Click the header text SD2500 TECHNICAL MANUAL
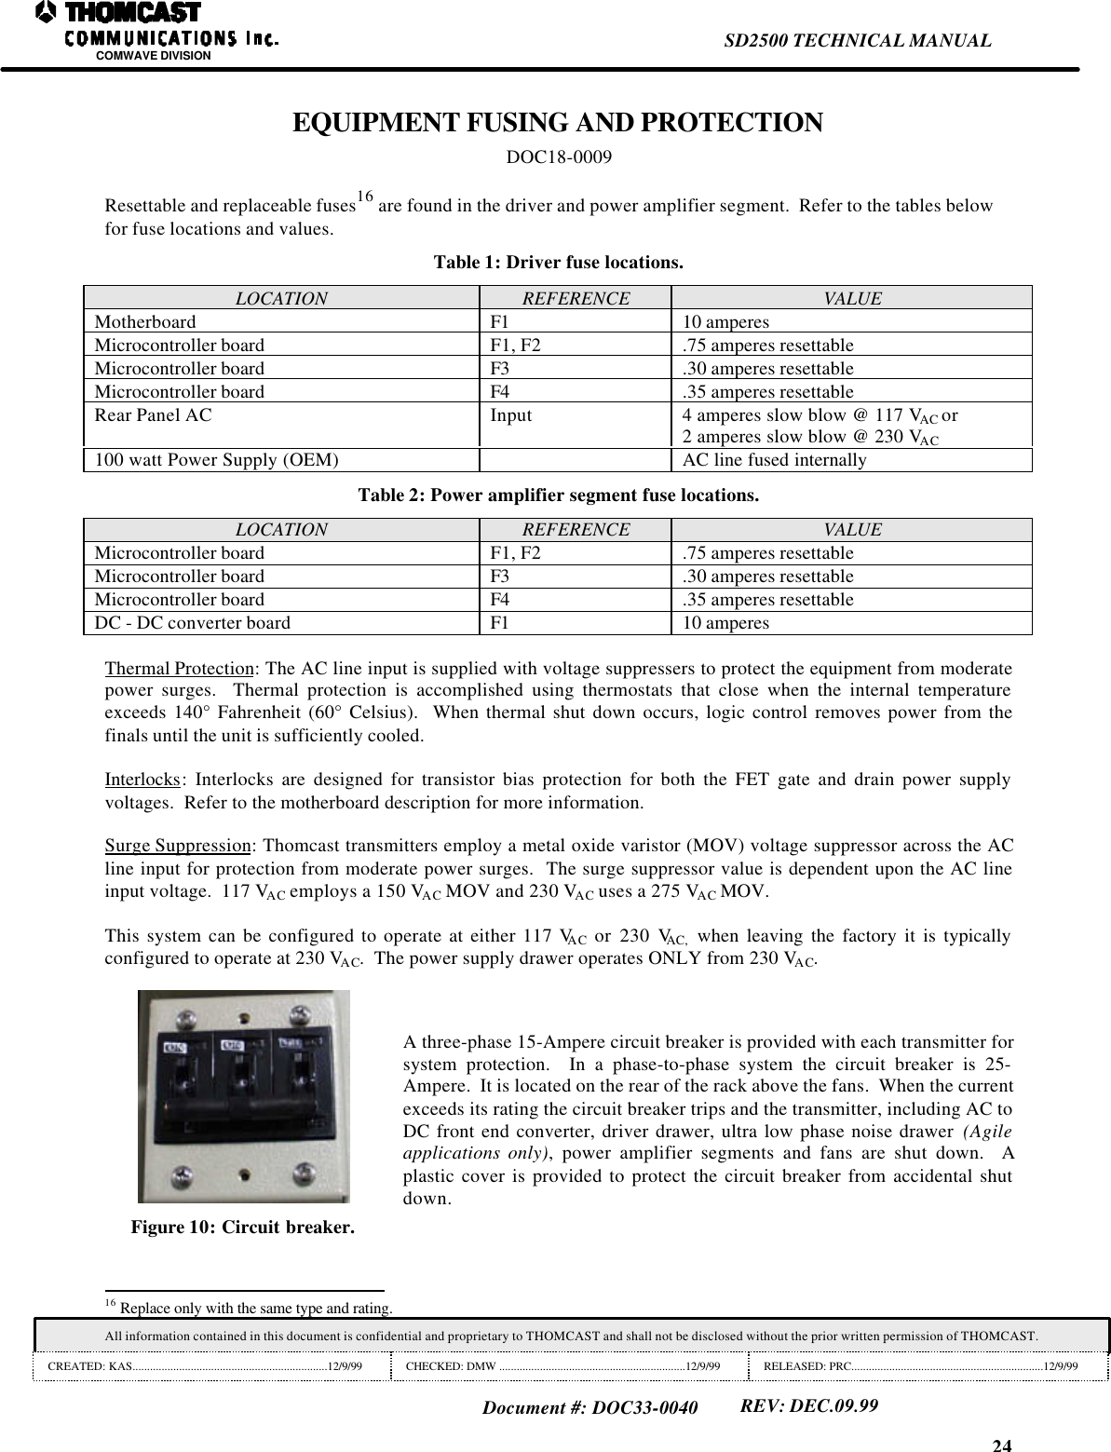pos(857,40)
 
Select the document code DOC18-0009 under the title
pos(558,156)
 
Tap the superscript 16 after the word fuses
pos(365,197)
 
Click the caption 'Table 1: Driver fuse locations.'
pos(558,263)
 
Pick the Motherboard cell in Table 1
pos(145,322)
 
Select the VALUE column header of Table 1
pos(851,299)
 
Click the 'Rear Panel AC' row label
pos(153,415)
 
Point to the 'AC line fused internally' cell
pos(774,460)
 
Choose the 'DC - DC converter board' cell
pos(192,623)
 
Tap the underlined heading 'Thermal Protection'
pos(179,670)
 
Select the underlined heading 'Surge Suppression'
pos(177,847)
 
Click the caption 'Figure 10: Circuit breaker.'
pos(242,1227)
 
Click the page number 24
pos(1002,1445)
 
